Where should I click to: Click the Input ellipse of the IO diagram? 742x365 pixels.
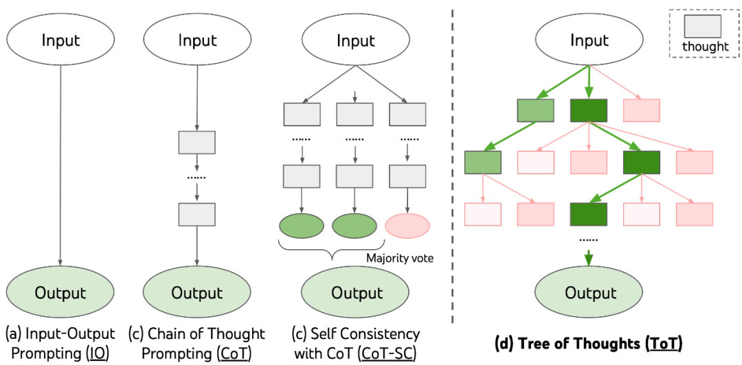60,40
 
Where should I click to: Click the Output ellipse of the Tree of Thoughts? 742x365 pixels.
589,292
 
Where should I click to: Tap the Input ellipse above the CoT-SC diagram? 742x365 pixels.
355,40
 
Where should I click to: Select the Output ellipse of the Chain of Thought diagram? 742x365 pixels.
197,292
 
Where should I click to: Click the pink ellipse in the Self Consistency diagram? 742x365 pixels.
407,225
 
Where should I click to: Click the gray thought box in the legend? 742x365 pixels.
702,25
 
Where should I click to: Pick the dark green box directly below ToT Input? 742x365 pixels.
589,111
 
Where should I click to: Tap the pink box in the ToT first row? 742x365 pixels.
641,111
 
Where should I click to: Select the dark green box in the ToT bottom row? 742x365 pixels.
589,213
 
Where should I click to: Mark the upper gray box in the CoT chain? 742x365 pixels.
197,142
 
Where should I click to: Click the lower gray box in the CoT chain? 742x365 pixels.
197,213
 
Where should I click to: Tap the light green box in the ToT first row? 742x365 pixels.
536,111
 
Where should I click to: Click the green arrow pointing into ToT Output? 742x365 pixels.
589,259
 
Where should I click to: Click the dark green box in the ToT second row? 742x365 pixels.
641,162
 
